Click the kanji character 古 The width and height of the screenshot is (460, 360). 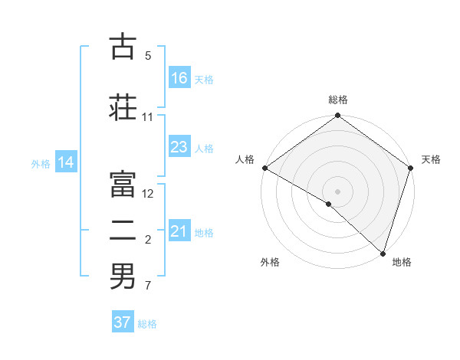123,47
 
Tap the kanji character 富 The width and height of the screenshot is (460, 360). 123,182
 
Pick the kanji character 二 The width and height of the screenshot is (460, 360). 123,229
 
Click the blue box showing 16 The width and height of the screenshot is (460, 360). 179,78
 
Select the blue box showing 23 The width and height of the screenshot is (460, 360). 179,147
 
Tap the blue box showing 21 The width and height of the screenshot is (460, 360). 179,231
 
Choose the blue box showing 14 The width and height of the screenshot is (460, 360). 66,162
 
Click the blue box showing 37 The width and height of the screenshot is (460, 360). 123,322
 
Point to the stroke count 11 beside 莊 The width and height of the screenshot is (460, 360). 148,117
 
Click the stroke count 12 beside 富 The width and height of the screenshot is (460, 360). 148,194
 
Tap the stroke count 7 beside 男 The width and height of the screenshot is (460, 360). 148,286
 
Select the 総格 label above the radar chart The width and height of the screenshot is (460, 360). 337,100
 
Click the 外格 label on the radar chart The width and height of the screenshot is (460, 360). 270,262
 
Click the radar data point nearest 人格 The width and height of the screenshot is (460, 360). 264,168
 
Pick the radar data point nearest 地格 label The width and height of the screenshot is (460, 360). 383,254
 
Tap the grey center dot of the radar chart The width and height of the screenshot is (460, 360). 337,191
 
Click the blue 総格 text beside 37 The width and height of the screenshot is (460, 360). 147,324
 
